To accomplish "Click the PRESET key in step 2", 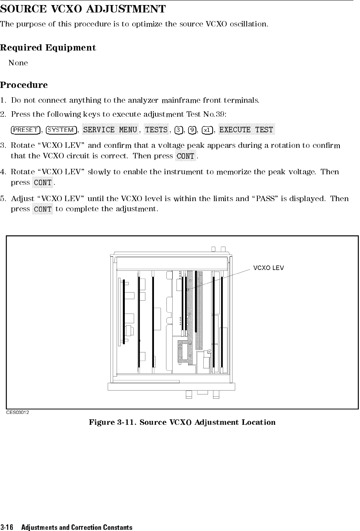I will [26, 130].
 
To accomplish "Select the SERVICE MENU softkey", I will [110, 130].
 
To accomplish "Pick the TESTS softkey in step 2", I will [156, 130].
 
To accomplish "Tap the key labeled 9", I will [191, 130].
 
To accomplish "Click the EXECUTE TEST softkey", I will [246, 130].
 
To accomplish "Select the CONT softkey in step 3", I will [185, 156].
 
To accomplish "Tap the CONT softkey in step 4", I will [43, 182].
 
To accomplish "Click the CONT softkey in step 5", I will [43, 209].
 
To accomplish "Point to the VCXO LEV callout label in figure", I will [269, 268].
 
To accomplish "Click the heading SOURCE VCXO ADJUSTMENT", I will [83, 9].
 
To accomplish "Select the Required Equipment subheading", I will [48, 48].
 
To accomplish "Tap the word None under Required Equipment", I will [18, 63].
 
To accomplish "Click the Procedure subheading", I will [24, 85].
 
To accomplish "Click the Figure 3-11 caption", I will [182, 422].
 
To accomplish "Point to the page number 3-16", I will [7, 527].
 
